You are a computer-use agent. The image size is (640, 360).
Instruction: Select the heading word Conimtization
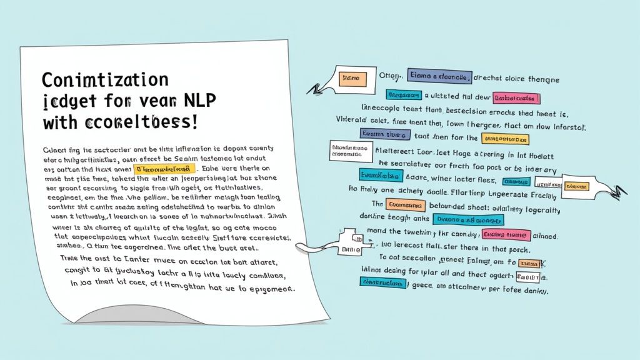pos(106,80)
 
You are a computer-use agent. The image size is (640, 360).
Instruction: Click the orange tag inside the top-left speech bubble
pos(352,79)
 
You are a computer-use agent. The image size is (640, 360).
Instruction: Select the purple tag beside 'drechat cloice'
pos(439,76)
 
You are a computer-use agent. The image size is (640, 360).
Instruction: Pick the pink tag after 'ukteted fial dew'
pos(516,98)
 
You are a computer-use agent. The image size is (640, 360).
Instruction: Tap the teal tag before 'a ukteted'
pos(404,95)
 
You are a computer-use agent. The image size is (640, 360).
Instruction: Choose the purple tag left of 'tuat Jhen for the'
pos(384,134)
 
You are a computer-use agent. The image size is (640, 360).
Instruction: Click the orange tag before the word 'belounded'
pos(406,205)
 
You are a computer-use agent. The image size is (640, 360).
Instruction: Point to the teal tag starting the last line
pos(383,282)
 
